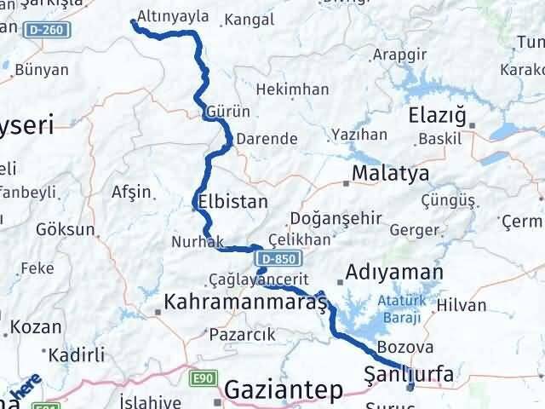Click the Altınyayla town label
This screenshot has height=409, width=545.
point(174,16)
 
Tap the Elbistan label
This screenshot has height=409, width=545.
point(232,202)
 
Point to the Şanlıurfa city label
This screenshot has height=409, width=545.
point(408,373)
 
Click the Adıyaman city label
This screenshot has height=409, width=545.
point(393,274)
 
